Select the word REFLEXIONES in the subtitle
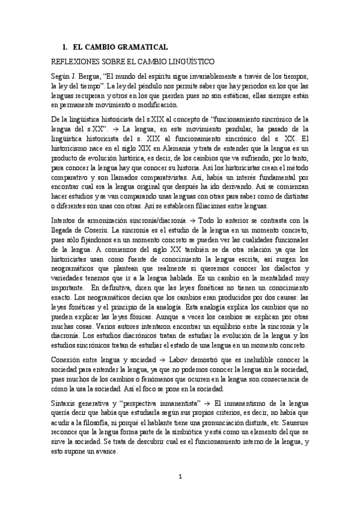tap(76, 61)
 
